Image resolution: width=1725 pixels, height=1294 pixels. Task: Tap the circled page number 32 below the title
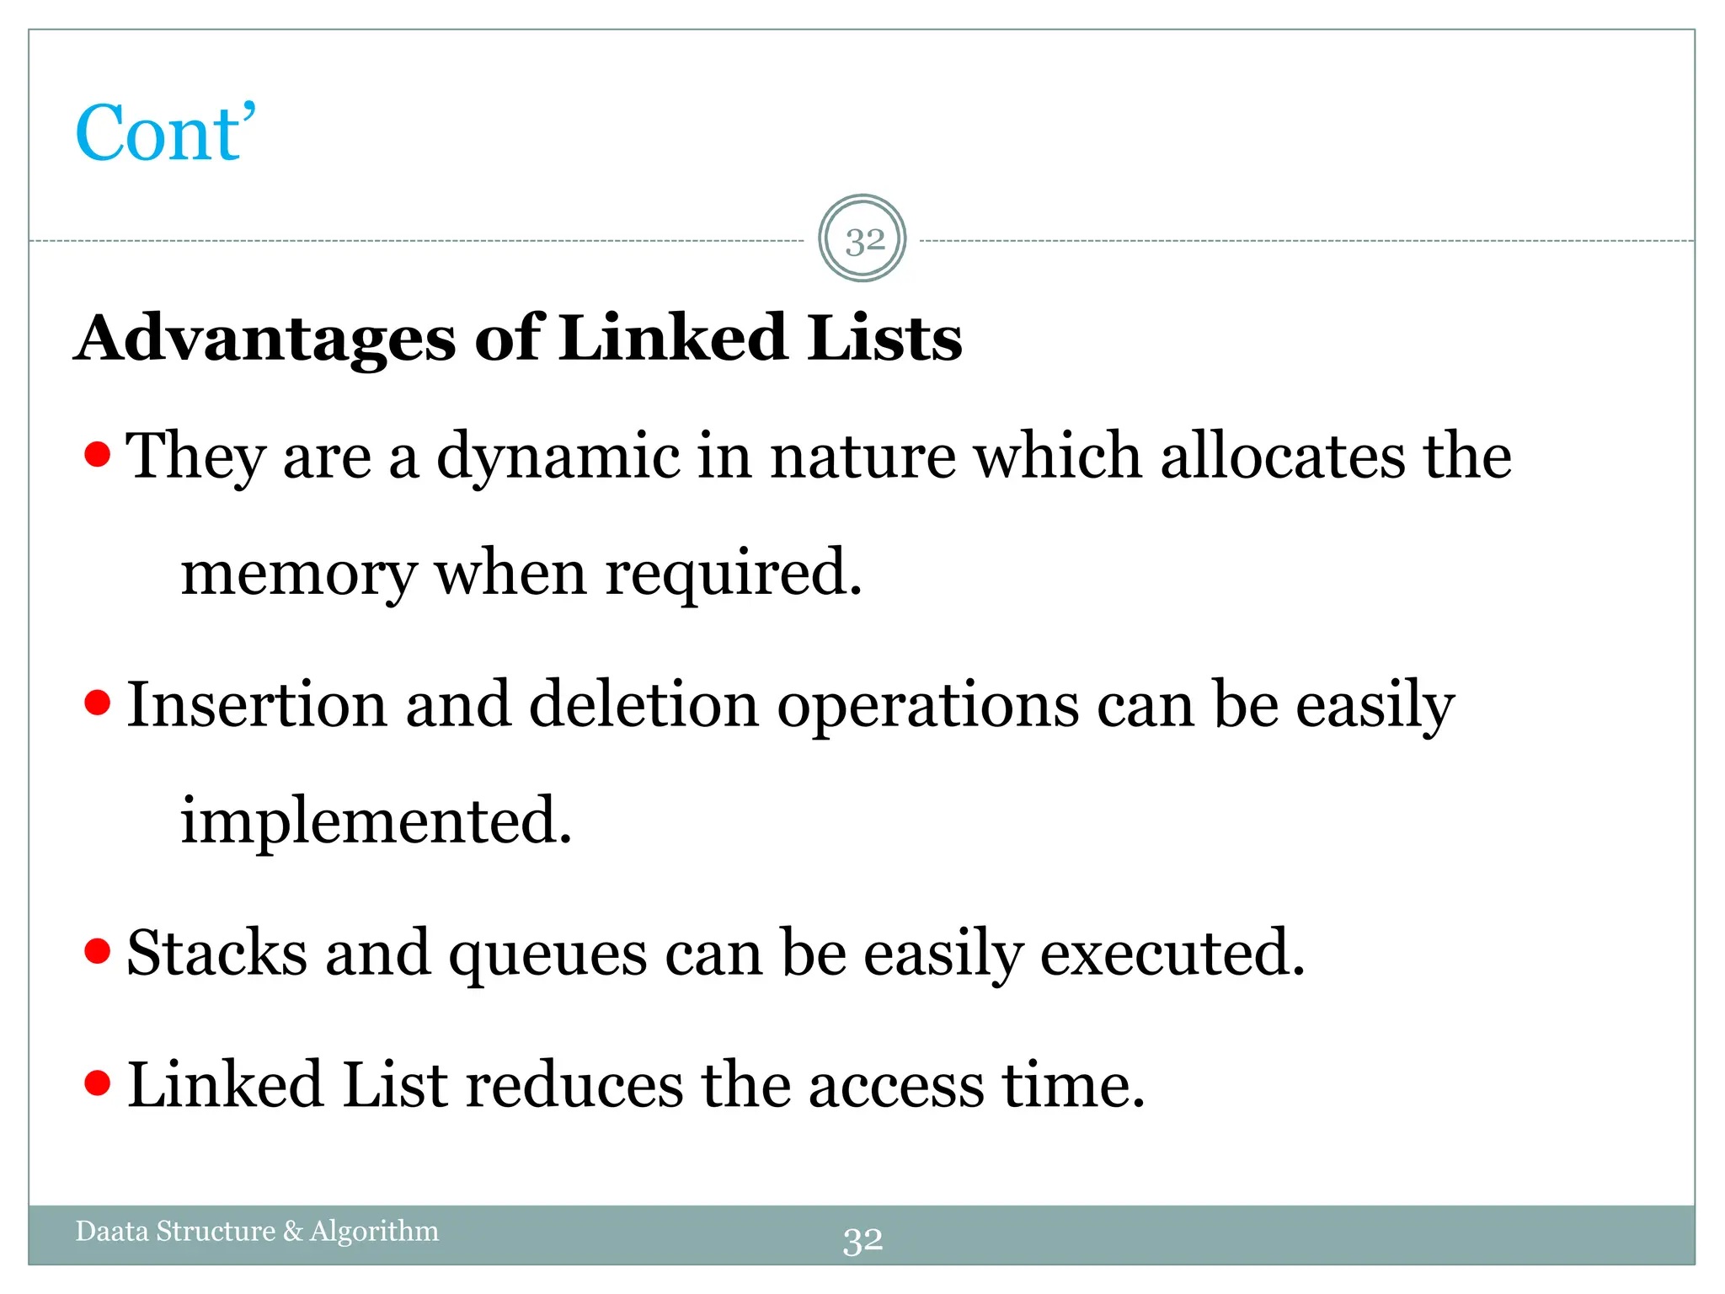click(x=862, y=240)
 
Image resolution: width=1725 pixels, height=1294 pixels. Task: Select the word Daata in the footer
click(x=111, y=1231)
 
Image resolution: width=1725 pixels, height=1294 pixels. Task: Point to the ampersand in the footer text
click(x=292, y=1231)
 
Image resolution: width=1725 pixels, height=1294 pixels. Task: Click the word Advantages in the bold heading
click(x=265, y=339)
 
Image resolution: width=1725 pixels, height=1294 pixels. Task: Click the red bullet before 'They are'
click(x=98, y=454)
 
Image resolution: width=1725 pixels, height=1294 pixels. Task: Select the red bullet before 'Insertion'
click(x=98, y=702)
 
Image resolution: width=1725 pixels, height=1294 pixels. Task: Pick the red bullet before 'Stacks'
click(x=98, y=951)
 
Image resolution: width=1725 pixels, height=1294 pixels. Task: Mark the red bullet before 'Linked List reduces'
click(x=98, y=1083)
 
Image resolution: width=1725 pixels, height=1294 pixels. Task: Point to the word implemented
click(x=376, y=821)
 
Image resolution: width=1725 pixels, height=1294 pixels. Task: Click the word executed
click(x=1172, y=953)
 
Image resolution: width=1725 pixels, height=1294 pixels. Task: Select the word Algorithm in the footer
click(x=375, y=1231)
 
